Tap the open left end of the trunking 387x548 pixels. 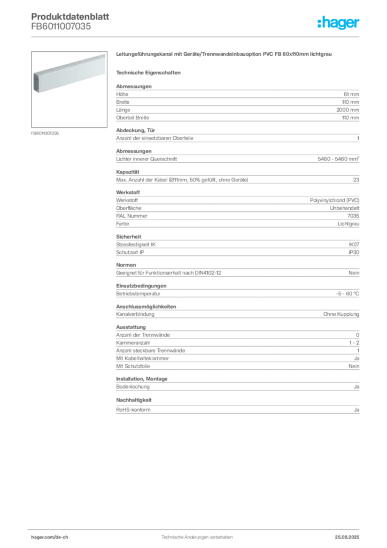tap(38, 81)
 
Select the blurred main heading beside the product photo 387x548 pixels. tap(225, 55)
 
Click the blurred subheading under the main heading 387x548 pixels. tap(150, 72)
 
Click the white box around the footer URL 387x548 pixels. tap(60, 537)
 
